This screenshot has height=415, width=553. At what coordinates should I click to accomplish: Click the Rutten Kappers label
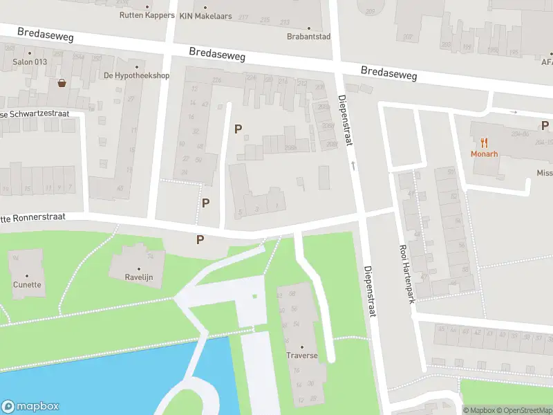147,15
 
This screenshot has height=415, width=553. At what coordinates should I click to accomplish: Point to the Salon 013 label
29,62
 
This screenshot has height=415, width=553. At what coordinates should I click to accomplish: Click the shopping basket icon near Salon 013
62,83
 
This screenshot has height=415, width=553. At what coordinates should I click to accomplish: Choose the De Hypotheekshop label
136,75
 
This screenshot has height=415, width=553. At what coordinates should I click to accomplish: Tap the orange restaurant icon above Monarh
485,143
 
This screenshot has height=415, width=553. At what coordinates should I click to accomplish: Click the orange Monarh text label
485,154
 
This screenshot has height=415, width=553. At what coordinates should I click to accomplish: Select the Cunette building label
27,284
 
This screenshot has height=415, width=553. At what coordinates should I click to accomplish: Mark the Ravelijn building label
138,277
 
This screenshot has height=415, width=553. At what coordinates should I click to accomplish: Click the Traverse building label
302,356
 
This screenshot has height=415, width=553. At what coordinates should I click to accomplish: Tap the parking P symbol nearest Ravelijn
200,240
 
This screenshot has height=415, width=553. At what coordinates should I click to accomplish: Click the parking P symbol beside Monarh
545,125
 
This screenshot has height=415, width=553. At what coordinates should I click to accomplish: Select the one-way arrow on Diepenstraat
353,165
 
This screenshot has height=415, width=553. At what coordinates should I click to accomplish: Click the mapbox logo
30,407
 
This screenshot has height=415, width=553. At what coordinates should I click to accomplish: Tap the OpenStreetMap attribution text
523,410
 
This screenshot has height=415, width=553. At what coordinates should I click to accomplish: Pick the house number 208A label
290,147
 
